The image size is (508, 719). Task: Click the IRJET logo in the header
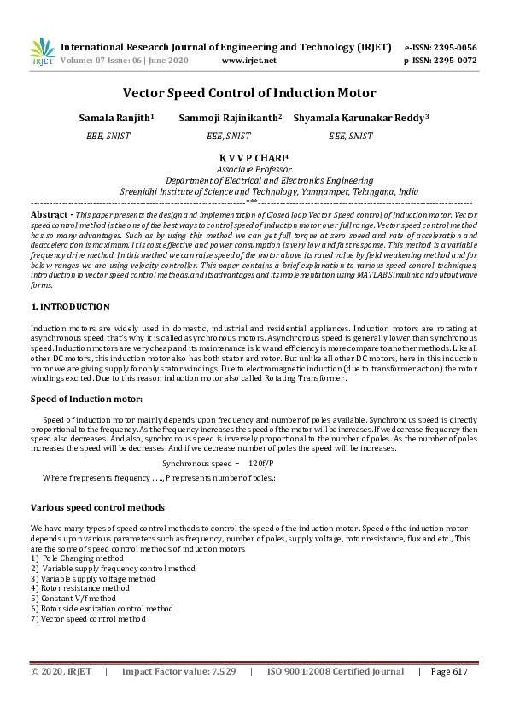pos(42,52)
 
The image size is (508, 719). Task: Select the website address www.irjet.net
pos(248,61)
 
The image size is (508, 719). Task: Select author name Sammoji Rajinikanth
pos(229,117)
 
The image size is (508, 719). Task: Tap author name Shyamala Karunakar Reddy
pos(359,117)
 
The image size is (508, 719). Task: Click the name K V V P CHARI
pos(253,158)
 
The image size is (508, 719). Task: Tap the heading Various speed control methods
pos(97,508)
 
